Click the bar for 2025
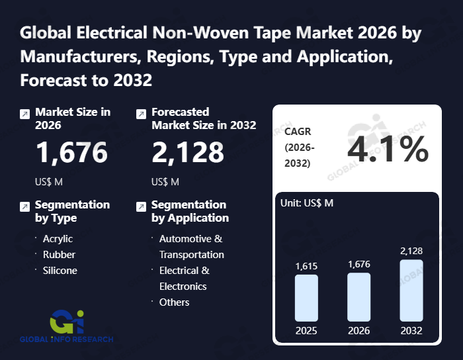306,298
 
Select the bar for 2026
358,297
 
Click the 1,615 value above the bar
306,266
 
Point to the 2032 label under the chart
411,330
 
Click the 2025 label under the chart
306,330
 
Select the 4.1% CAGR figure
388,150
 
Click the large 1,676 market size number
71,152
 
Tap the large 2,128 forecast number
188,152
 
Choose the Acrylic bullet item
58,239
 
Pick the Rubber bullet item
59,255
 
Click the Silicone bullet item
60,271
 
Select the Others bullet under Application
174,302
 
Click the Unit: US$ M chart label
307,203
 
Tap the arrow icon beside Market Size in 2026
24,114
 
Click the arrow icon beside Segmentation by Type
24,206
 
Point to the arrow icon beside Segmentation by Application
140,206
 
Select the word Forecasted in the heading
180,112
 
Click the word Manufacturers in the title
75,56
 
